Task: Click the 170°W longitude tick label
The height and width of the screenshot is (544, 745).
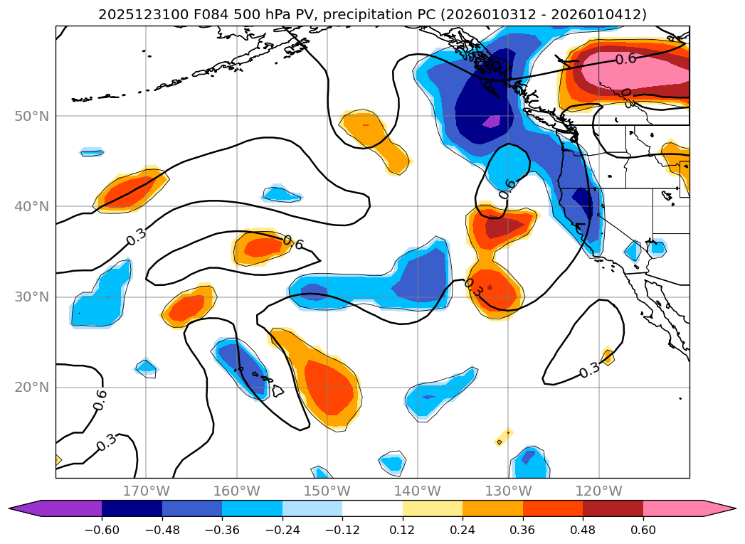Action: coord(146,491)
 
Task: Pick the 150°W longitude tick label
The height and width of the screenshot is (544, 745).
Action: coord(327,491)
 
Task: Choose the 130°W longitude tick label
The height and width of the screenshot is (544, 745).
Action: coord(508,491)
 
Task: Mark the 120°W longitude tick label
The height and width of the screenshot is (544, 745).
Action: coord(599,491)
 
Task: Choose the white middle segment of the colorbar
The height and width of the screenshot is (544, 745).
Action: coord(372,508)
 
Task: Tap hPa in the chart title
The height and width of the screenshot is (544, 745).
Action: coord(260,14)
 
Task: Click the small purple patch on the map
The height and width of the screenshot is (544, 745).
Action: coord(491,121)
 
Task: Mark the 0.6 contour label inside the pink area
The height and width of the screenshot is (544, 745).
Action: coord(625,59)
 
